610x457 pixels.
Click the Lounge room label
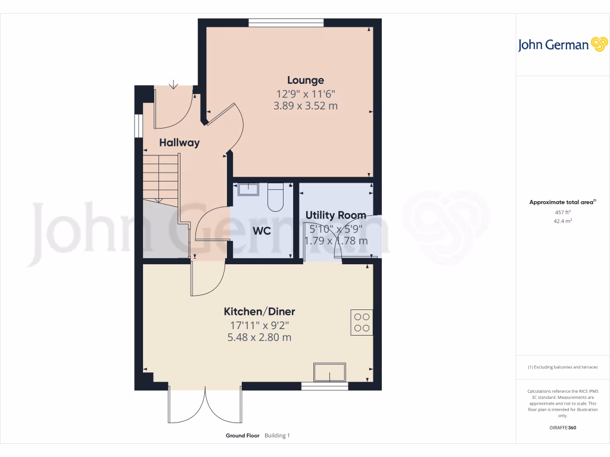pos(306,80)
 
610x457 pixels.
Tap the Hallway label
pos(179,143)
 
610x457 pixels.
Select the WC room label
pos(262,230)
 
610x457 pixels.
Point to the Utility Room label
pos(336,215)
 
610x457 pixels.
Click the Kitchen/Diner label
pos(259,312)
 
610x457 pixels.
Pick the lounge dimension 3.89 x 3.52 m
pos(306,106)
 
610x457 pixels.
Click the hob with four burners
pos(362,322)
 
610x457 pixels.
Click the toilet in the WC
pos(276,197)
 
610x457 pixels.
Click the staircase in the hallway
pos(161,179)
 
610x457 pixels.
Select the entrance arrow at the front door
pos(173,85)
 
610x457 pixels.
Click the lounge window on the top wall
pos(286,23)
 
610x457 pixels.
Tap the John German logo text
pos(553,45)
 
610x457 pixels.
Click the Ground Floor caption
pos(242,436)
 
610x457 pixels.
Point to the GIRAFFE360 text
pos(562,428)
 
